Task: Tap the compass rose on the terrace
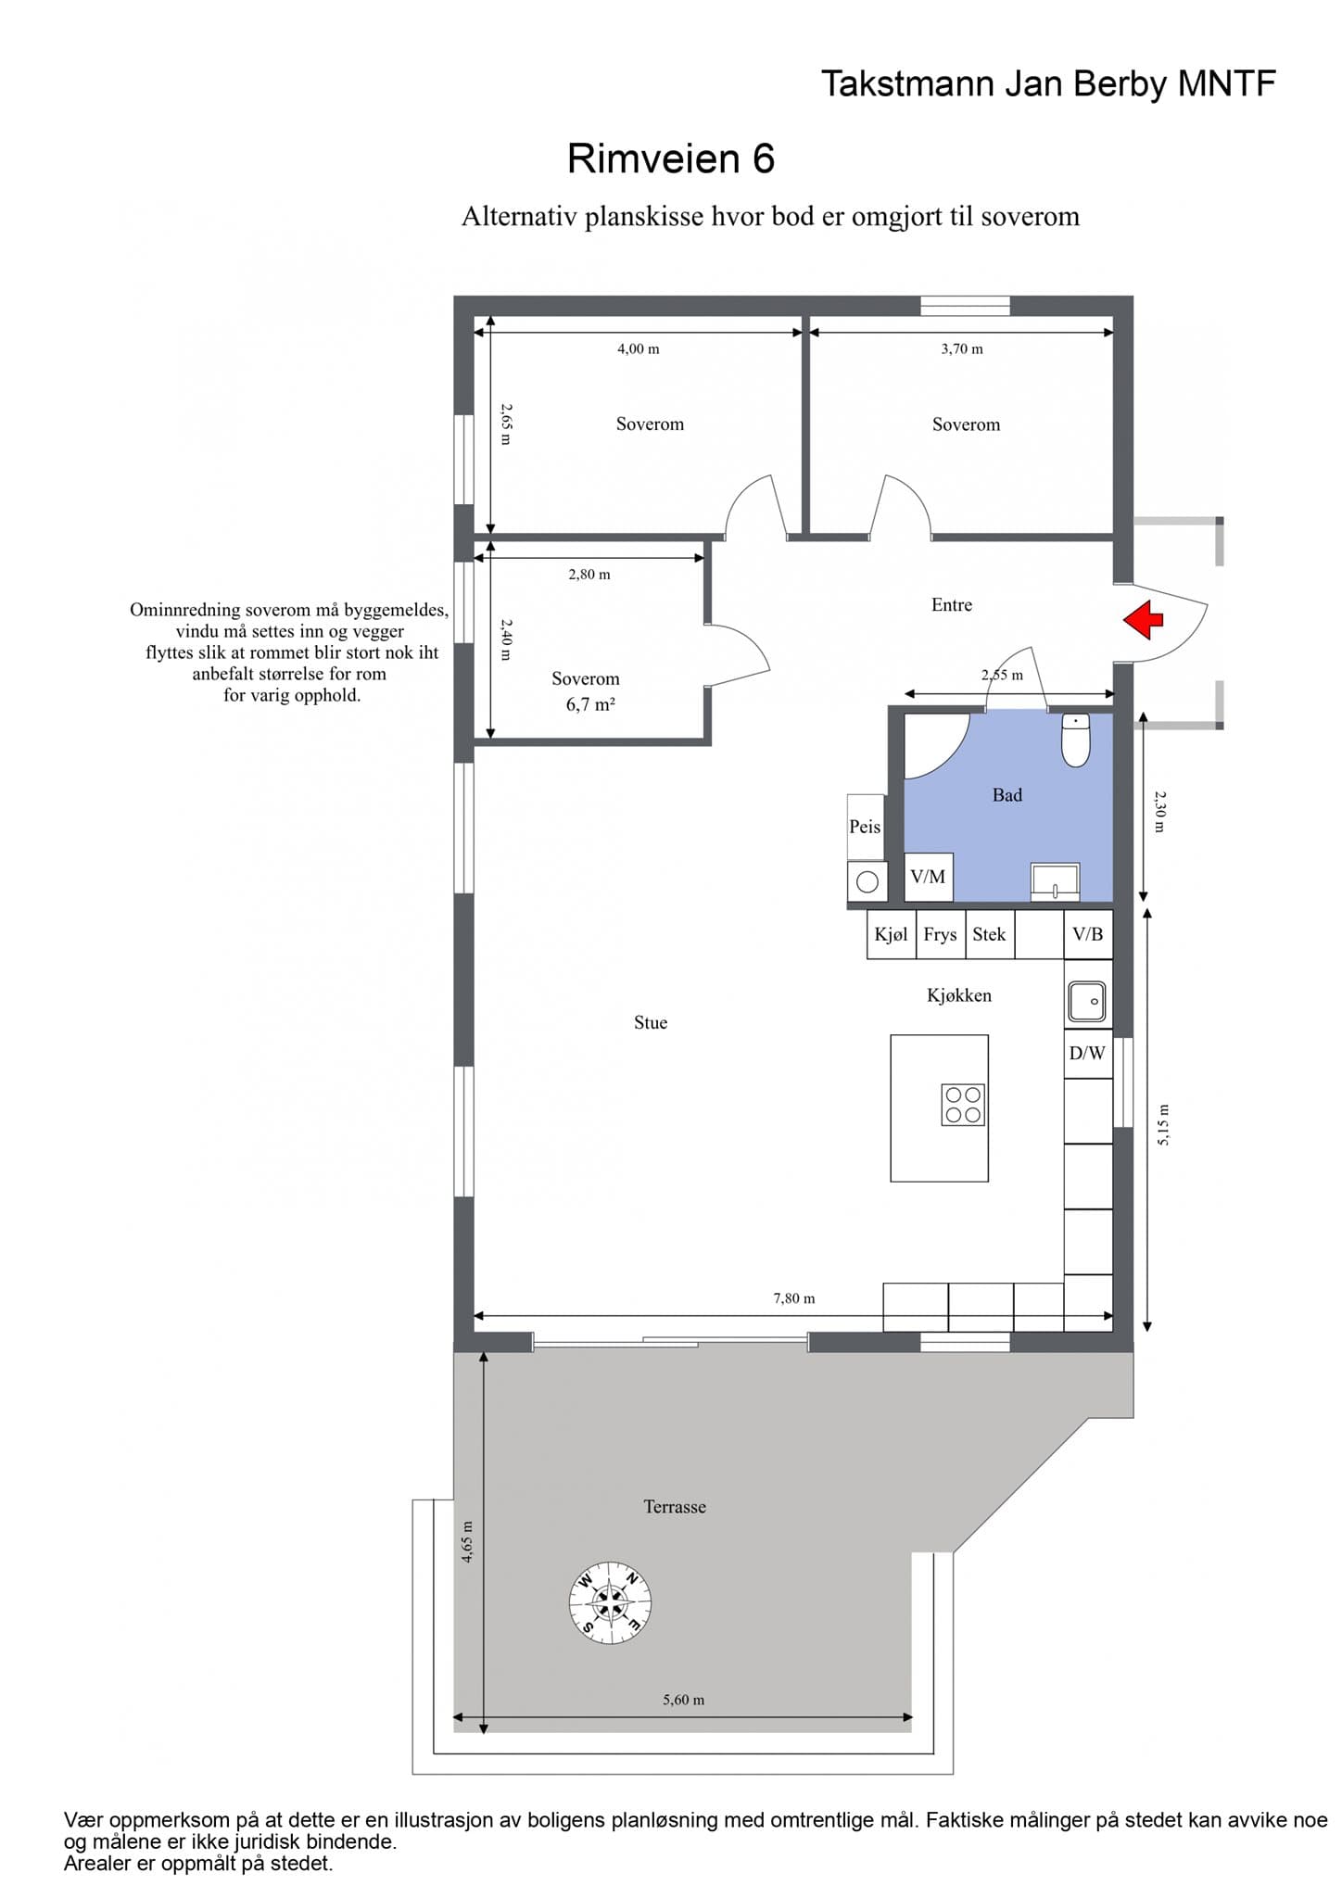(x=610, y=1603)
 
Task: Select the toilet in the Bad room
(x=1075, y=740)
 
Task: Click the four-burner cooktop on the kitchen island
(x=963, y=1105)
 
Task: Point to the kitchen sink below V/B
(x=1086, y=1002)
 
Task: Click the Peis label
(x=865, y=827)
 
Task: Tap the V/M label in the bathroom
(x=928, y=876)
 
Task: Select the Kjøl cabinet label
(x=891, y=934)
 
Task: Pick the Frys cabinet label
(x=940, y=934)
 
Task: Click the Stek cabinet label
(x=989, y=934)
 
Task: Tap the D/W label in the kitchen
(x=1087, y=1053)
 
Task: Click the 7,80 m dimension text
(x=794, y=1298)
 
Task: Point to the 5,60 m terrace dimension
(x=683, y=1700)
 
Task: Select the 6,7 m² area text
(x=590, y=704)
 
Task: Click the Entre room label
(x=952, y=605)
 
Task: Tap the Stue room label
(x=651, y=1022)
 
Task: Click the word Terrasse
(x=675, y=1507)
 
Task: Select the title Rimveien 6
(x=671, y=158)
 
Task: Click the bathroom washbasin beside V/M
(x=1056, y=881)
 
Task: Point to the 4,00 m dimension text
(x=639, y=349)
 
